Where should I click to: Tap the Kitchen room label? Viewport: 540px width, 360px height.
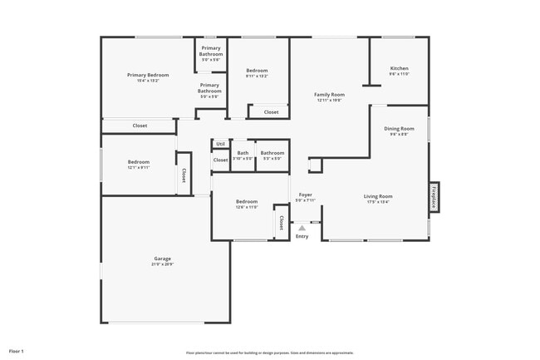(x=400, y=68)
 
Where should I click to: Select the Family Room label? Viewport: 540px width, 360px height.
(x=329, y=95)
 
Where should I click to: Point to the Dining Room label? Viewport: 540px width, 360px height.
(x=399, y=129)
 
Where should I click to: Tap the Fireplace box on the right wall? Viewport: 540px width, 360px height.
(x=434, y=197)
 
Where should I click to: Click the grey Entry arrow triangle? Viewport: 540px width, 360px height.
(x=302, y=227)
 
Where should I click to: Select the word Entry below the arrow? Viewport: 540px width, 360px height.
(x=302, y=237)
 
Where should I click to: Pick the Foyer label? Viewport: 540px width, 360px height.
(x=305, y=195)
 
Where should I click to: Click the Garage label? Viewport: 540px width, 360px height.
(x=162, y=259)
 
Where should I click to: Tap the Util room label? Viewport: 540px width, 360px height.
(x=220, y=144)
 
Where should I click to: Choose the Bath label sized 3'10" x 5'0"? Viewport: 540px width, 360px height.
(x=243, y=153)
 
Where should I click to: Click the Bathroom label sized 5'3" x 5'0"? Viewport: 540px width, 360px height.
(x=272, y=153)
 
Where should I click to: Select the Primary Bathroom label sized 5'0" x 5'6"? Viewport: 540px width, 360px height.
(x=211, y=52)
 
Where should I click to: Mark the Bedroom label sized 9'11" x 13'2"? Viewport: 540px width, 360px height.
(x=257, y=71)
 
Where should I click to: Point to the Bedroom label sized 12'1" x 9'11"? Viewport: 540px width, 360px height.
(x=138, y=162)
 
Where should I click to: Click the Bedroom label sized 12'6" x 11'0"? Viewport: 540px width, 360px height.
(x=246, y=202)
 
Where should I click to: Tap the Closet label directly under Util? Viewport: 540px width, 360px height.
(x=220, y=160)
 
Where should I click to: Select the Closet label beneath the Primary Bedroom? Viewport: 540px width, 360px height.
(x=140, y=126)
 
